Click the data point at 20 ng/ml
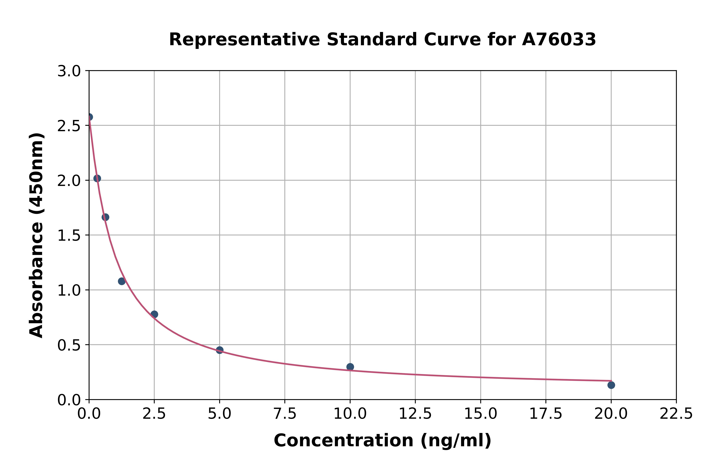611,385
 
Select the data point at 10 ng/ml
350,367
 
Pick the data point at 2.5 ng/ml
154,314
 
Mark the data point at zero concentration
89,117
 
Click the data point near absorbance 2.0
97,178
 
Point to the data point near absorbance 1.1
122,281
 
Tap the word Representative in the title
244,40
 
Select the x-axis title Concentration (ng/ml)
382,441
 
